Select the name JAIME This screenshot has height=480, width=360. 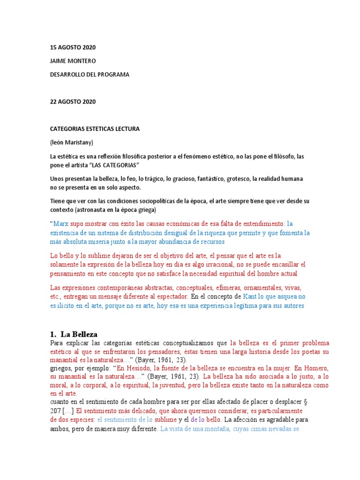pos(59,61)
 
